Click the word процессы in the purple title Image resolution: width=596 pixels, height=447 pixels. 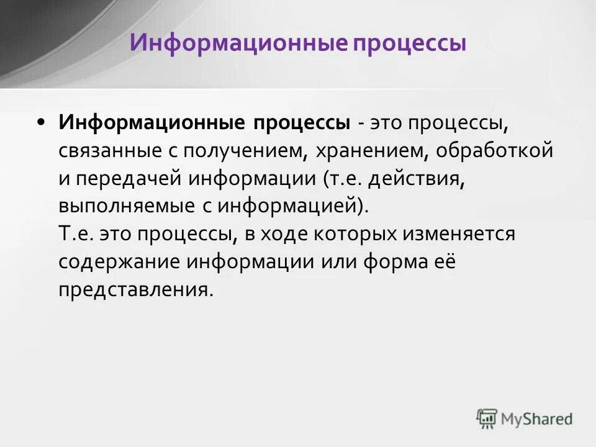point(410,43)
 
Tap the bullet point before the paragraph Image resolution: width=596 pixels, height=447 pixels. point(41,122)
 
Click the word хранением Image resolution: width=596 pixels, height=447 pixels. point(369,151)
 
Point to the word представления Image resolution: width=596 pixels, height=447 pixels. point(135,290)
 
